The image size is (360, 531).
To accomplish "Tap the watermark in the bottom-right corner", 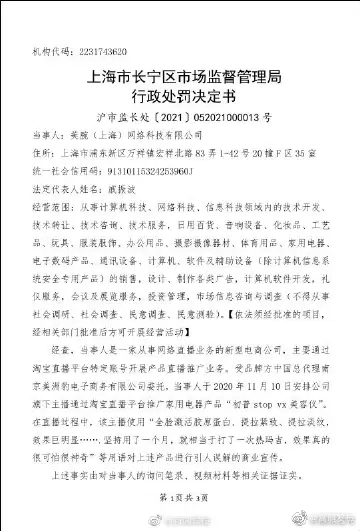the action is point(318,518).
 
